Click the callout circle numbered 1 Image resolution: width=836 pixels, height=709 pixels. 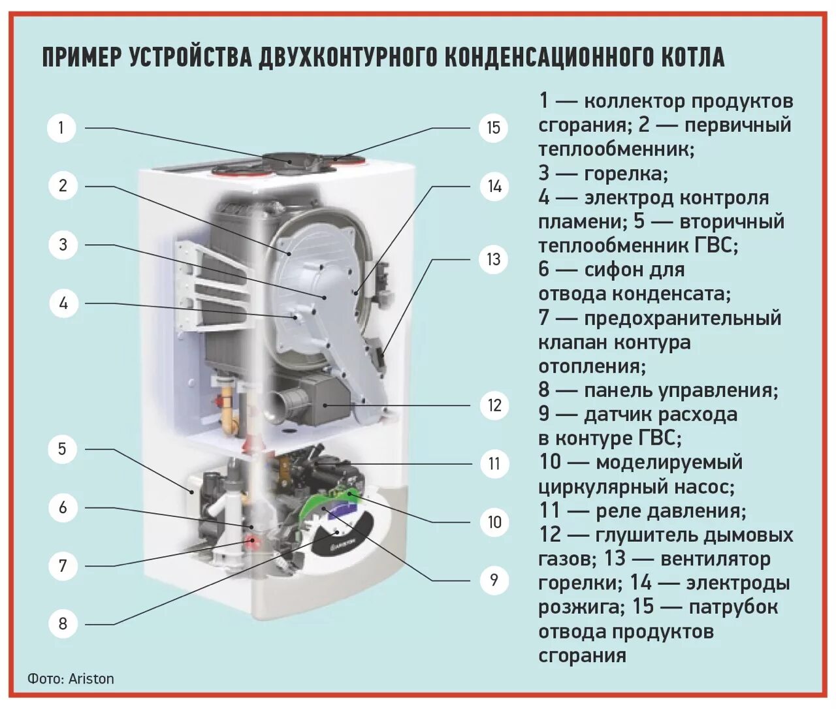point(61,127)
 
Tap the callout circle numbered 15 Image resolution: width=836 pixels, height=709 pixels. point(493,127)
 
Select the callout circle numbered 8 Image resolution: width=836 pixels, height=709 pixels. point(63,623)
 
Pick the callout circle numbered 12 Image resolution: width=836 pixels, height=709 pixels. point(494,405)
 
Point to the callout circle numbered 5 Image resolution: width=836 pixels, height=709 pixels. point(63,449)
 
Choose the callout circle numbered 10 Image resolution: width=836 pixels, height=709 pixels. point(494,522)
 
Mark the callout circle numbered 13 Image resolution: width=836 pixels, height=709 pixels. point(494,259)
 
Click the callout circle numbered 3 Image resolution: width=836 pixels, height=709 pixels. point(63,245)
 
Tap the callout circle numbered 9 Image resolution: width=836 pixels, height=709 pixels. point(494,580)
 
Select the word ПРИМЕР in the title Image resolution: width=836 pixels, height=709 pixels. point(82,57)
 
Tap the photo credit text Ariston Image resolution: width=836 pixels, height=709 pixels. point(91,679)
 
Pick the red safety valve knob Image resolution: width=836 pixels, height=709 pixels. point(250,541)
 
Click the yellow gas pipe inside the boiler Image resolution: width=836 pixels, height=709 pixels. point(228,411)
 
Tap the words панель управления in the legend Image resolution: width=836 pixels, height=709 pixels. point(679,390)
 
